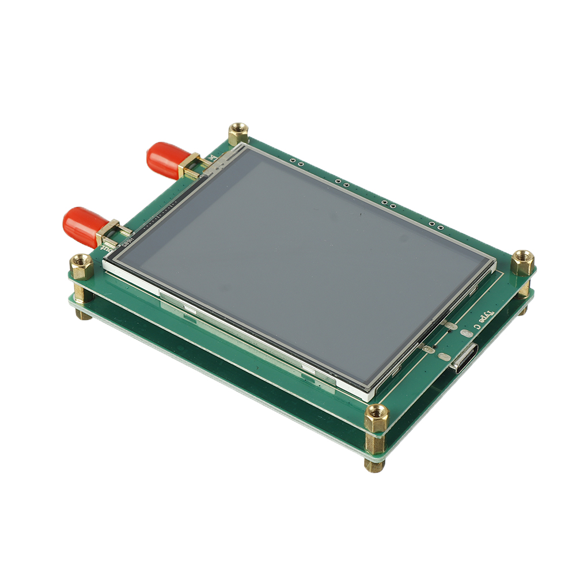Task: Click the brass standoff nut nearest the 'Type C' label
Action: (522, 262)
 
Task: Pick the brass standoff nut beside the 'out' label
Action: (81, 266)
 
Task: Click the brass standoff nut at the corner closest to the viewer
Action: (376, 417)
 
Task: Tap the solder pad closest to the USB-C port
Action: (445, 357)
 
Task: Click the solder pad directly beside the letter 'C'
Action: (452, 327)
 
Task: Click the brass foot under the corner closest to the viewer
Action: (374, 464)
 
